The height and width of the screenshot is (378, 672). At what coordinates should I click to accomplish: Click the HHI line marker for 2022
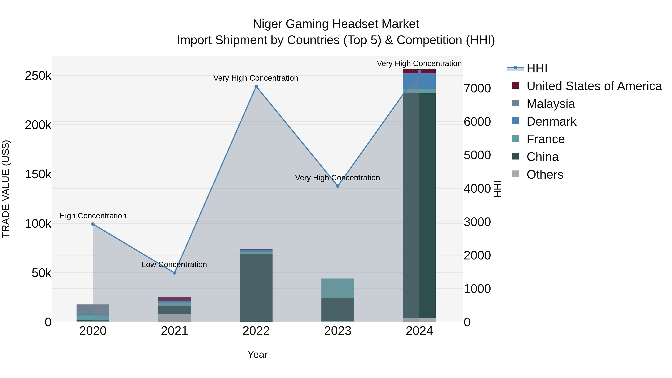pyautogui.click(x=256, y=86)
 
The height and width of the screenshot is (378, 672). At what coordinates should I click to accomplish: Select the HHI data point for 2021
pyautogui.click(x=175, y=273)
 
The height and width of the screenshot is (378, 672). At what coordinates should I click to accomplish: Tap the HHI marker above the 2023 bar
pyautogui.click(x=337, y=186)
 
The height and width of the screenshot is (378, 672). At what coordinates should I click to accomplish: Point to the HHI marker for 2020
pyautogui.click(x=93, y=224)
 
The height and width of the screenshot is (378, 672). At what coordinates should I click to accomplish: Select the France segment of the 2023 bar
pyautogui.click(x=337, y=288)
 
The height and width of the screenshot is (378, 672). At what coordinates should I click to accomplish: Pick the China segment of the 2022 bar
pyautogui.click(x=256, y=287)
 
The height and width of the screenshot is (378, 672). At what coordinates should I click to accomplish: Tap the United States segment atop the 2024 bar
pyautogui.click(x=419, y=71)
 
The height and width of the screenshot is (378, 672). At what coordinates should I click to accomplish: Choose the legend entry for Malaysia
pyautogui.click(x=550, y=104)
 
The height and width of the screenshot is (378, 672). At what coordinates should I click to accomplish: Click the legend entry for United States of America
pyautogui.click(x=594, y=86)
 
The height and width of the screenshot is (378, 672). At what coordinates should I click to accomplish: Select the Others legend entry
pyautogui.click(x=545, y=175)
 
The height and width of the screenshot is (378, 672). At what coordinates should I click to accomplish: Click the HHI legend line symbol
pyautogui.click(x=515, y=68)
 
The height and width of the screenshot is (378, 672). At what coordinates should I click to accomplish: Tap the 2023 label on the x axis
pyautogui.click(x=337, y=331)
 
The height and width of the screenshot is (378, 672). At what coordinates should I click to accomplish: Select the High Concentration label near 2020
pyautogui.click(x=93, y=216)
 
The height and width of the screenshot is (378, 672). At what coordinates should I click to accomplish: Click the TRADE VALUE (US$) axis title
pyautogui.click(x=6, y=189)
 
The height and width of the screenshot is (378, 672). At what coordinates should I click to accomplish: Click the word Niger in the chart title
pyautogui.click(x=267, y=24)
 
